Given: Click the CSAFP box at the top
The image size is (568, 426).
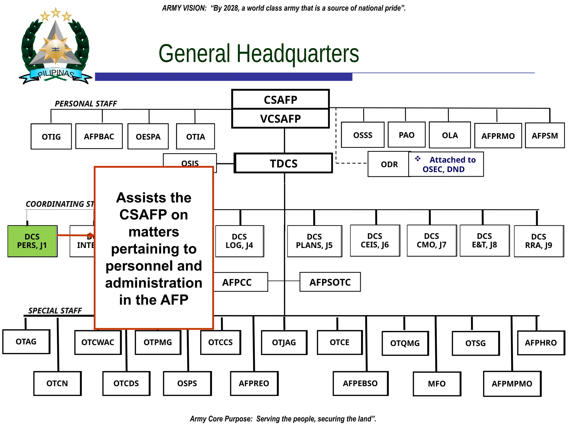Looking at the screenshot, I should tap(280, 100).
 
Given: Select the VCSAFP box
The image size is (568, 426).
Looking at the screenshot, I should tap(280, 119).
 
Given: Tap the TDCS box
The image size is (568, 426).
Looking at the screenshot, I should tap(283, 163).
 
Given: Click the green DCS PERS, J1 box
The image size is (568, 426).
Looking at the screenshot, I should tap(32, 241).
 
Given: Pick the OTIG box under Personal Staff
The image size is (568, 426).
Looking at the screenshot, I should tap(51, 136).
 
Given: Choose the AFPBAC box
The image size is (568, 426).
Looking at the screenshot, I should tap(99, 136).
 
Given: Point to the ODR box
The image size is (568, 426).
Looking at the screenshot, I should tap(389, 164).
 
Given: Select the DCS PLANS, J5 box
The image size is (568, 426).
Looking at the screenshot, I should tap(314, 241).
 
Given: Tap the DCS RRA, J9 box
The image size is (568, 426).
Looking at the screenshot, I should tap(539, 241).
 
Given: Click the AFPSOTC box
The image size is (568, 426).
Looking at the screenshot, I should tap(330, 282).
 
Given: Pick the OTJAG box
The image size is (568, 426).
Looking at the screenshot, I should tap(284, 343).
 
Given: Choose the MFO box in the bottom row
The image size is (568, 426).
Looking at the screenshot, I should tap(437, 384).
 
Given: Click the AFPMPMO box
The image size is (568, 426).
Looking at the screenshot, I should tap(512, 384).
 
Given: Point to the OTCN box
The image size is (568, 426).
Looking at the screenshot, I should tap(57, 383).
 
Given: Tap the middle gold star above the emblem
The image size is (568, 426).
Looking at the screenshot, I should tap(56, 12).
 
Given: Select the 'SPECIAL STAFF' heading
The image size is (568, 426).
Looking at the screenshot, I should tap(55, 311).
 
